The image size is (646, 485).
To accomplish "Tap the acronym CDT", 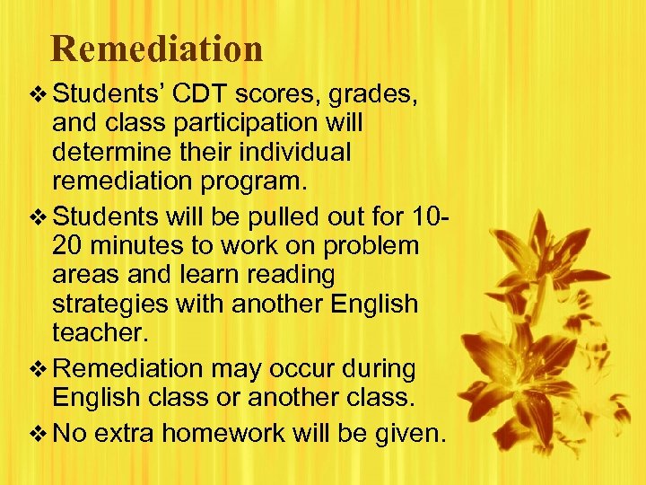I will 205,94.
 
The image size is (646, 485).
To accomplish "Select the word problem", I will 370,247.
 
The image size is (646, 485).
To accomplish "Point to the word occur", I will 290,368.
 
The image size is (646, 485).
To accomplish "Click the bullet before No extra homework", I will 38,436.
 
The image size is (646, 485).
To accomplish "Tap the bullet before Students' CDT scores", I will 38,94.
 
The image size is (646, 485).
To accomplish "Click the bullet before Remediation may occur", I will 38,368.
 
